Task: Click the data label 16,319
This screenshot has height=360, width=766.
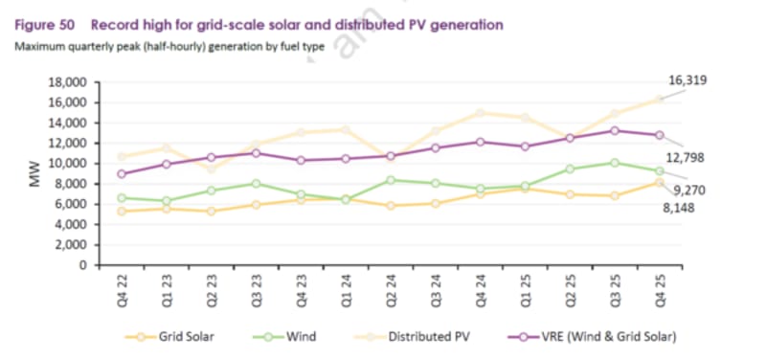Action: [x=687, y=80]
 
